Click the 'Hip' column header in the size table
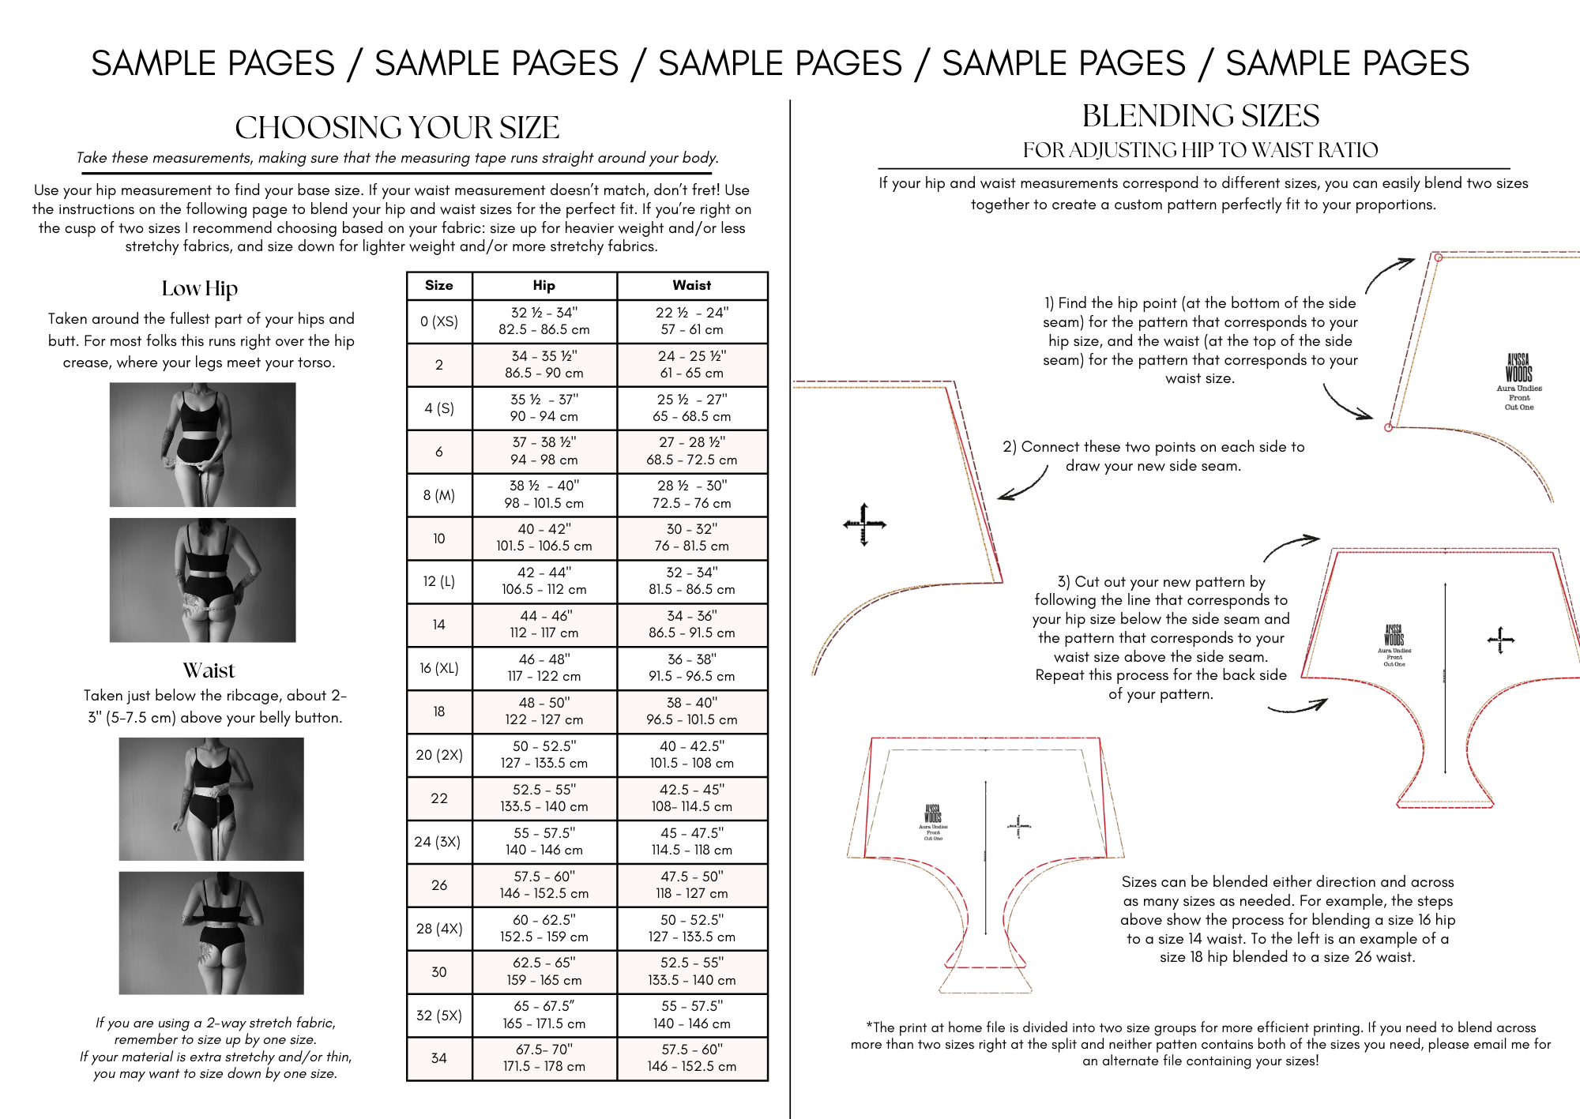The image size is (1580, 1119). click(x=544, y=286)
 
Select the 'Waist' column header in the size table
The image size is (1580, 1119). click(x=691, y=286)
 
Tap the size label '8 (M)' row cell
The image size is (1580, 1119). click(x=438, y=495)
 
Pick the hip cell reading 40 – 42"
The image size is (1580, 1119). click(x=544, y=538)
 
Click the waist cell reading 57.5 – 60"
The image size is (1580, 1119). click(x=691, y=1058)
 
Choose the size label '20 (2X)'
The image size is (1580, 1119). click(x=438, y=755)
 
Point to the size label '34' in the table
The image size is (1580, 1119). click(x=438, y=1058)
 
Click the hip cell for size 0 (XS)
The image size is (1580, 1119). click(x=544, y=321)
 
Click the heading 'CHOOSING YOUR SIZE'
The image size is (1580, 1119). click(x=397, y=128)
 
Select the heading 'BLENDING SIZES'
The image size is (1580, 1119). click(x=1200, y=116)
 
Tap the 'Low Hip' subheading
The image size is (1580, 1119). click(x=199, y=289)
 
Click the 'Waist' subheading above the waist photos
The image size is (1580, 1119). click(x=209, y=670)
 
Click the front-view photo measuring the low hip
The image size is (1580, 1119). click(x=202, y=445)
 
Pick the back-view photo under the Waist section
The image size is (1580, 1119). click(x=211, y=933)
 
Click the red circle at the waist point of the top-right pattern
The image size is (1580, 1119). click(x=1439, y=257)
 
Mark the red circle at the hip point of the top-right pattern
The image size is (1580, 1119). click(x=1388, y=427)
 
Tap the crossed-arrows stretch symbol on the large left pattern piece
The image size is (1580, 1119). click(x=863, y=524)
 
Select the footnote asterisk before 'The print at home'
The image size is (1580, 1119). click(x=869, y=1027)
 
